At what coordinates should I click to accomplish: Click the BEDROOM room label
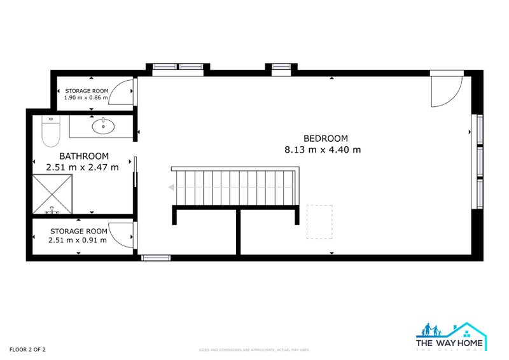(325, 138)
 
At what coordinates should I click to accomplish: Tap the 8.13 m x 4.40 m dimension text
(323, 150)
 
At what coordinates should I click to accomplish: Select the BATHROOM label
(83, 156)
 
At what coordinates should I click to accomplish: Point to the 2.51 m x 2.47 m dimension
(82, 167)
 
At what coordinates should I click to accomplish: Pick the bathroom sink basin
(102, 127)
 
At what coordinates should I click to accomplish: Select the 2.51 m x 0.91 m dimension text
(77, 240)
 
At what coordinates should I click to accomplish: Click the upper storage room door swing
(122, 93)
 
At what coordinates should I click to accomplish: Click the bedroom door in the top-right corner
(445, 91)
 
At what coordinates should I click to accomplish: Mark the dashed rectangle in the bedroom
(316, 221)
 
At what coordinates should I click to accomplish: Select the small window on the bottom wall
(156, 258)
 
